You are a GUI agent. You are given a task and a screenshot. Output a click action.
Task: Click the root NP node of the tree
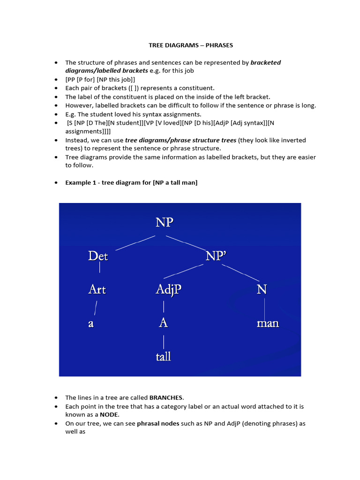coord(165,222)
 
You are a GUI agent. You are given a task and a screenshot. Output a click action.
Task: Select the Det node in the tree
coord(98,256)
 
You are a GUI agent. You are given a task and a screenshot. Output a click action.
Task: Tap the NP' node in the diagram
coord(216,256)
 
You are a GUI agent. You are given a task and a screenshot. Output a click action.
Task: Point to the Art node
coord(97,289)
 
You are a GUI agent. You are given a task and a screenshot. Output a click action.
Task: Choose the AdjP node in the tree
coord(168,290)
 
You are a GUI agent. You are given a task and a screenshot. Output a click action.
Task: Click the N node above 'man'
coord(262,290)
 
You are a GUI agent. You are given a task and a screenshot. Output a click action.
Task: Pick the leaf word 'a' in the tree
coord(91,323)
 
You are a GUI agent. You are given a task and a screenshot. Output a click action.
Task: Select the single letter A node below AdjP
coord(163,323)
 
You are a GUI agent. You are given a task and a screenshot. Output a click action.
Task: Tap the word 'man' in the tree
coord(268,323)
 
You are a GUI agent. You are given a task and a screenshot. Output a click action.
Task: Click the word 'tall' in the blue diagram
coord(163,357)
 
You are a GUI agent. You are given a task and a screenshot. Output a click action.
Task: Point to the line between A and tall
coord(164,340)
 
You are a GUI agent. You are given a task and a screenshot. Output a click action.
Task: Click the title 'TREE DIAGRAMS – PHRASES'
coord(191,45)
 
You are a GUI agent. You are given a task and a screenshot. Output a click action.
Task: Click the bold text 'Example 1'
coord(81,182)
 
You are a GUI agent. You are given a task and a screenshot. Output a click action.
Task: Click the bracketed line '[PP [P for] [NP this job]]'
coord(100,79)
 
